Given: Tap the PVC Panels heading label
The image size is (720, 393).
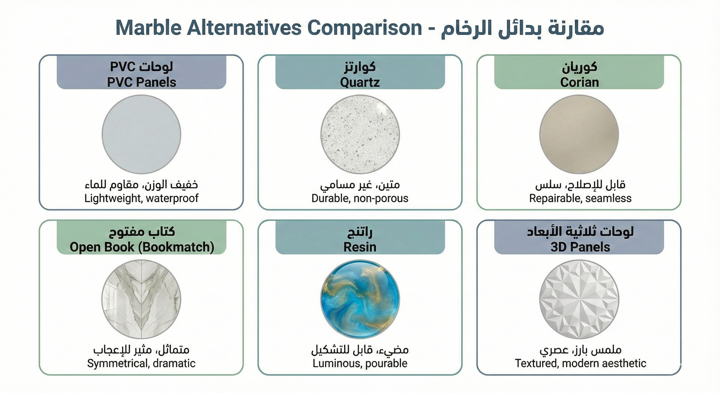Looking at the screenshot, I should pyautogui.click(x=141, y=82).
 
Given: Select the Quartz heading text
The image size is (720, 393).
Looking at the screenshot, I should pyautogui.click(x=360, y=82).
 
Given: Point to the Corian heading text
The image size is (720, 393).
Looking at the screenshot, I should pyautogui.click(x=579, y=82).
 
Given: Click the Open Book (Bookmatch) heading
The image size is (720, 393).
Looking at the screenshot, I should pyautogui.click(x=142, y=247).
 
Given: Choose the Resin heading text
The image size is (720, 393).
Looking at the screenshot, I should pyautogui.click(x=360, y=247).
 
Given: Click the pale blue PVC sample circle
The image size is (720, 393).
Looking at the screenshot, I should pyautogui.click(x=141, y=134).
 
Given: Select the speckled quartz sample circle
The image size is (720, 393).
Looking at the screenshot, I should pyautogui.click(x=360, y=134).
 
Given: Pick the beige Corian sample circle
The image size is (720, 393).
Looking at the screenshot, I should pyautogui.click(x=579, y=134).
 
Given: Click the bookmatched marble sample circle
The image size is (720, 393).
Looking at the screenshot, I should pyautogui.click(x=141, y=299).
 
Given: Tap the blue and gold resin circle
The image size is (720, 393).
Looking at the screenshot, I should pyautogui.click(x=360, y=299).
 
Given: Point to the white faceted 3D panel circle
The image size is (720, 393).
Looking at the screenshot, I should pyautogui.click(x=579, y=299).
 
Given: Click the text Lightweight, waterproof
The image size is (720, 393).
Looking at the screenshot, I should pyautogui.click(x=141, y=198).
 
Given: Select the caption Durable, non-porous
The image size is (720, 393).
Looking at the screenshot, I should pyautogui.click(x=360, y=198).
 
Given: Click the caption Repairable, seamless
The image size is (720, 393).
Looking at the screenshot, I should pyautogui.click(x=580, y=198).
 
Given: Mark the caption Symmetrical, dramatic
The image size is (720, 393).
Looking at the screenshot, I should pyautogui.click(x=141, y=363).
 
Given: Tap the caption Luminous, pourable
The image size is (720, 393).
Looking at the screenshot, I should pyautogui.click(x=360, y=363).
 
